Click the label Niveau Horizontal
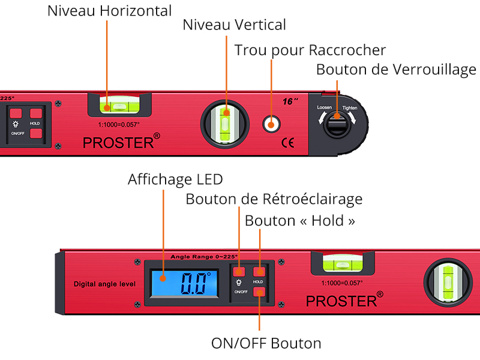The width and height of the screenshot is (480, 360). click(x=109, y=11)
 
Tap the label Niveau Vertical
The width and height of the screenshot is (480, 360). click(x=234, y=25)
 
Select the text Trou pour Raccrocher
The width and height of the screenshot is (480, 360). click(x=310, y=50)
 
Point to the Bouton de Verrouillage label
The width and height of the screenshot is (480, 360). click(x=396, y=70)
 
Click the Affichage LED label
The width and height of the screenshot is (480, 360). click(x=175, y=179)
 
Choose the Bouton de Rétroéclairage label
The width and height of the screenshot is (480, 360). click(x=274, y=199)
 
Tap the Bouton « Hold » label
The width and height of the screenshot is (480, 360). click(x=300, y=221)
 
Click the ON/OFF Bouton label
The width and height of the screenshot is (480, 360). click(x=266, y=343)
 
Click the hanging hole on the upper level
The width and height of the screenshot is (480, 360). click(x=272, y=124)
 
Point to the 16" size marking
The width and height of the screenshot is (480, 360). click(x=290, y=101)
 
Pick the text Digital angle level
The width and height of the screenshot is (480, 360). click(x=104, y=284)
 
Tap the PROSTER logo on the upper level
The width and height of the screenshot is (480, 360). click(x=121, y=143)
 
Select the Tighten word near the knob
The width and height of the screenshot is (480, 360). click(x=350, y=108)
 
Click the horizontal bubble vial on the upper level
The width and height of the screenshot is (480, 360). click(x=120, y=106)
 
